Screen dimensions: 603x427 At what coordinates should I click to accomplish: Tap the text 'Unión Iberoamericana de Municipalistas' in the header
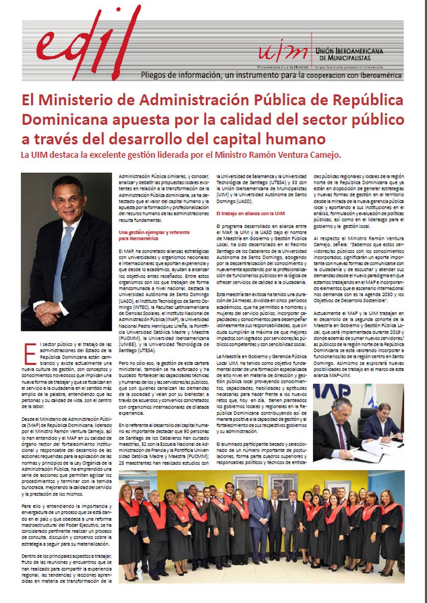tap(349, 54)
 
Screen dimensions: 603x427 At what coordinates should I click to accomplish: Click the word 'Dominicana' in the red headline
tap(64, 119)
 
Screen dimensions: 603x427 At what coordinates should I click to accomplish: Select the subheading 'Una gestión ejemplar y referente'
tap(154, 232)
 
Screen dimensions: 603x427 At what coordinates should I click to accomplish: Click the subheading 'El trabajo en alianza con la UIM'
tap(250, 213)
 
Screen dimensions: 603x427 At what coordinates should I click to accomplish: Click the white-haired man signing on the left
tap(337, 427)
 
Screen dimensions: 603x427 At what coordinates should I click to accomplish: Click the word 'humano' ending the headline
tap(290, 139)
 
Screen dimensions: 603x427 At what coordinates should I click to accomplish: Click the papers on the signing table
tap(371, 451)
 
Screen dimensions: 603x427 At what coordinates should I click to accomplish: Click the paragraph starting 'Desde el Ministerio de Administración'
tap(67, 457)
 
